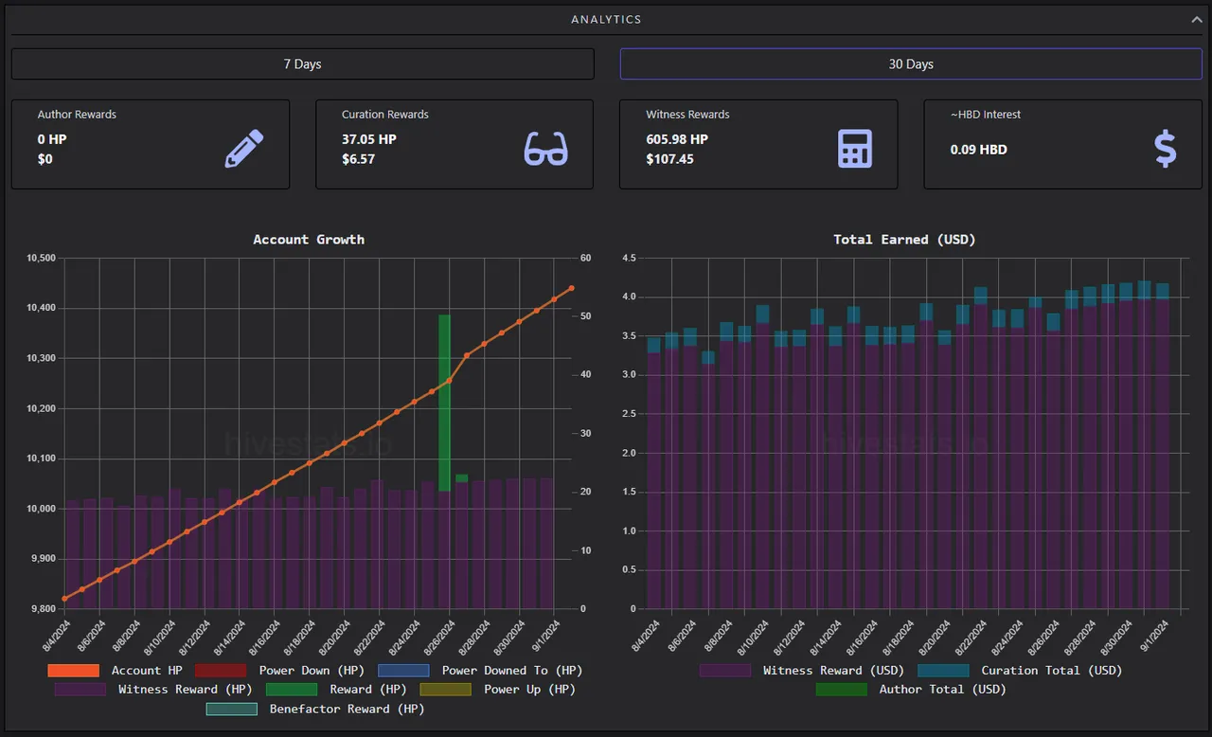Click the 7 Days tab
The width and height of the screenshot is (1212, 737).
302,63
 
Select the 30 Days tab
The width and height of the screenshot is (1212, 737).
911,63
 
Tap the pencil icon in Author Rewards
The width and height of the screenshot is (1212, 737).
244,149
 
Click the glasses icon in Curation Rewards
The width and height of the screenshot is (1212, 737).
545,149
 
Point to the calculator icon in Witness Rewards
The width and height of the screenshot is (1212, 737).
855,149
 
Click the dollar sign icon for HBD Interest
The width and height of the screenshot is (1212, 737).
1165,149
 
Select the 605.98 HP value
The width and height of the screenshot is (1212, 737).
677,139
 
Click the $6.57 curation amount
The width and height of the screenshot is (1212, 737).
358,159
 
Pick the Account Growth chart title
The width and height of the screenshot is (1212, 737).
309,239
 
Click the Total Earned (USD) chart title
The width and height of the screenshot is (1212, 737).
904,239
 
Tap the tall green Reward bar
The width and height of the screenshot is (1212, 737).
444,403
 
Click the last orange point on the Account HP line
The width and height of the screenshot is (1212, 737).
571,288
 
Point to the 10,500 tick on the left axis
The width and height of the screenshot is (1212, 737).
41,258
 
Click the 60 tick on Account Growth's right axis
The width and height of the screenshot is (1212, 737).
585,258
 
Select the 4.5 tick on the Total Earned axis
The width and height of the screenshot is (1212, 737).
629,258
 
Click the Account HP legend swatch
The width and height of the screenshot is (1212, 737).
74,671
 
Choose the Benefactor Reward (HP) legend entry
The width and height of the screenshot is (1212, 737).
315,709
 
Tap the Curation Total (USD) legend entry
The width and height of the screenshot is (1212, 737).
1020,671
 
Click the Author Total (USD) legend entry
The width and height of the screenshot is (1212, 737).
911,690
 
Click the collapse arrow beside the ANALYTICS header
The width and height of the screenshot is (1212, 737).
1196,20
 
